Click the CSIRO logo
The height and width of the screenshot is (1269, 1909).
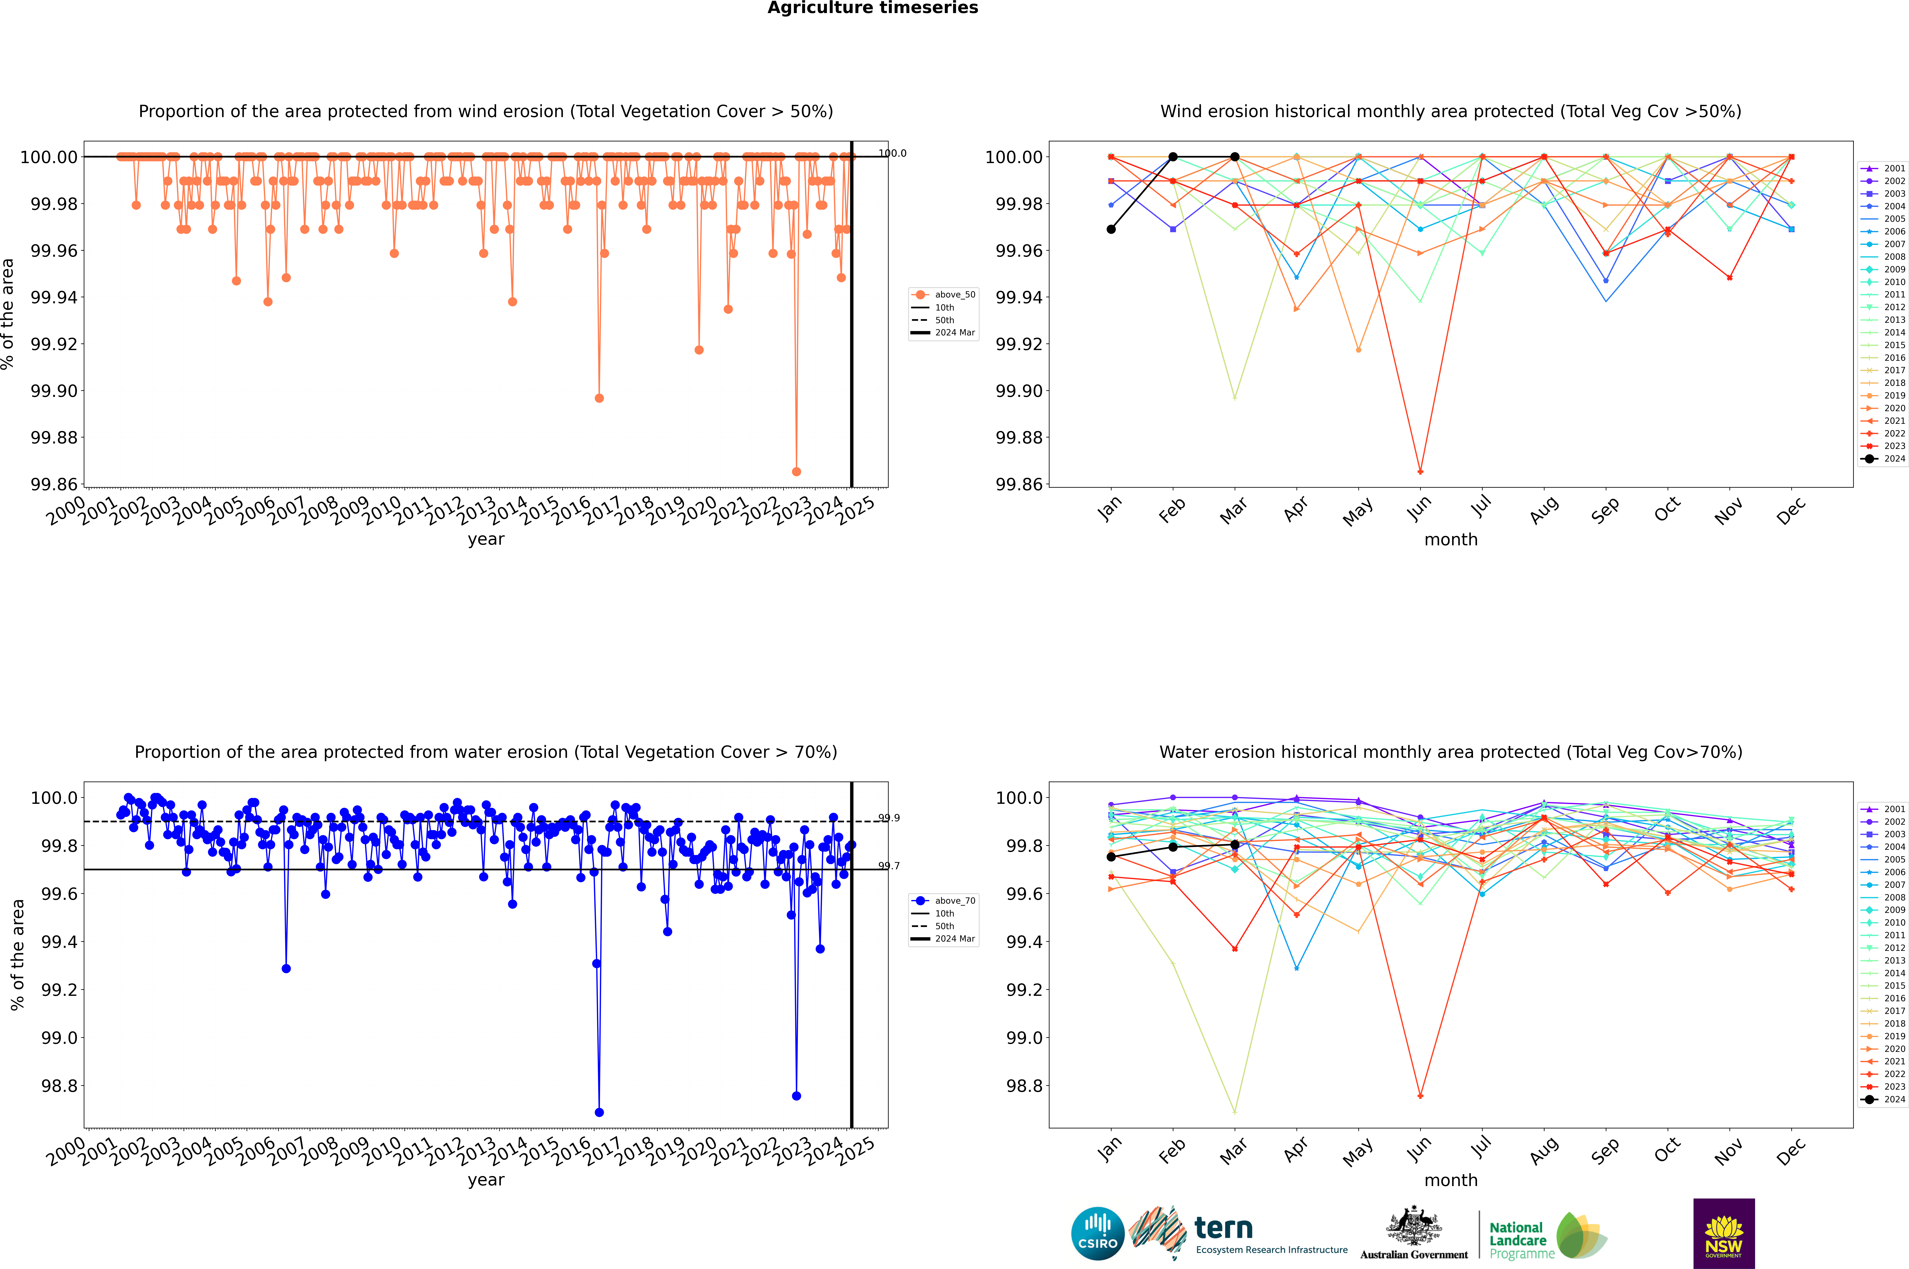[1097, 1233]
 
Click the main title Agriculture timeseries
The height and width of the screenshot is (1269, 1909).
[872, 8]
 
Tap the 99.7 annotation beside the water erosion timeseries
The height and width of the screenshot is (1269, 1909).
[889, 866]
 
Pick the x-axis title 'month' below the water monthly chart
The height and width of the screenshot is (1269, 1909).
[1450, 1180]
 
